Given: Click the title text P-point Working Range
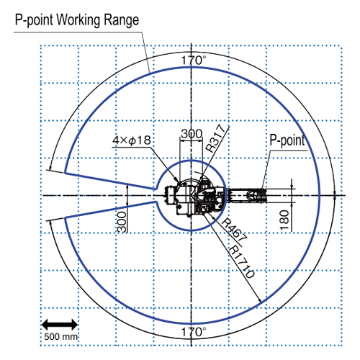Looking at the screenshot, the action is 77,20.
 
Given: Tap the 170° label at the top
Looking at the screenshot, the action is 194,60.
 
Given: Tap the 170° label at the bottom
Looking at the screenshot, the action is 194,332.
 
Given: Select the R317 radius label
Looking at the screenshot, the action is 216,138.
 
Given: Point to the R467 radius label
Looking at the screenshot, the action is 234,230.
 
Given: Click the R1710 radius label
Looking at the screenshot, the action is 241,261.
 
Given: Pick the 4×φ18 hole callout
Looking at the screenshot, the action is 132,140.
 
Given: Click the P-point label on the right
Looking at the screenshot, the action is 287,140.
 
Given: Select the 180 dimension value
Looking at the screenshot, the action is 284,220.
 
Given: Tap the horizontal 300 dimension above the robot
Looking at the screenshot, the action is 192,134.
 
